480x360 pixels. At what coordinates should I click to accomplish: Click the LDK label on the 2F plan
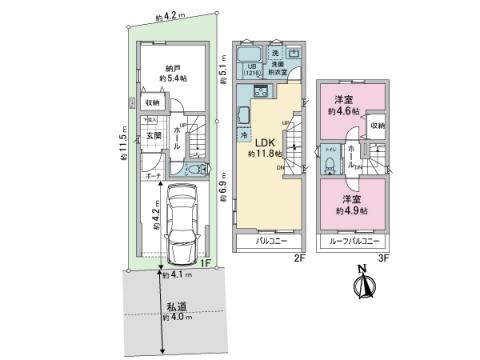(262, 142)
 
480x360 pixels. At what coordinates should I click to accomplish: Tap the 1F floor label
(205, 263)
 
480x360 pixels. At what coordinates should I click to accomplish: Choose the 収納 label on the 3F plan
(377, 126)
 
